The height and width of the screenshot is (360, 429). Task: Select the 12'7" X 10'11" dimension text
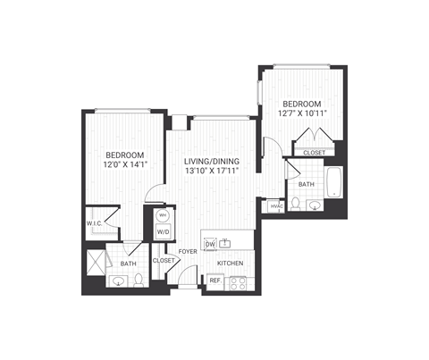click(304, 113)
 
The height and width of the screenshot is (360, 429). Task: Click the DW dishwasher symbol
click(211, 243)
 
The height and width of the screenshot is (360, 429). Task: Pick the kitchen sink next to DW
click(227, 243)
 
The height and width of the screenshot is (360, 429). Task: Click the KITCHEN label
click(231, 264)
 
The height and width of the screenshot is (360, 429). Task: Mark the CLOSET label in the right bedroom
click(314, 153)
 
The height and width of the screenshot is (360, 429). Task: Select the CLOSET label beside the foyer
click(163, 261)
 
